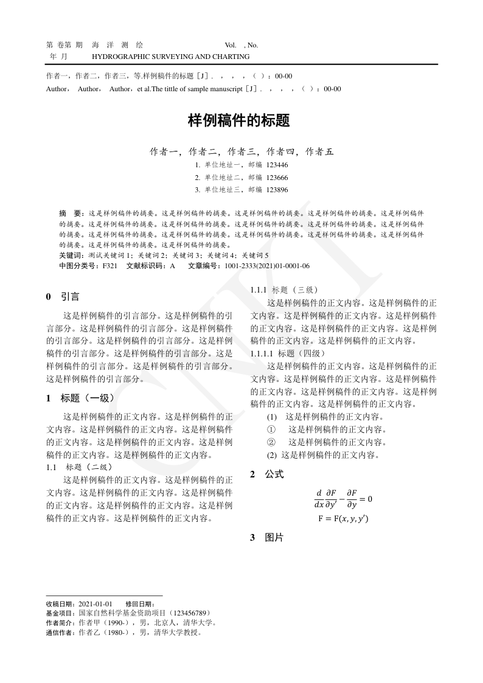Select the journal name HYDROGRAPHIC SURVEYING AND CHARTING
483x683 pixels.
(170, 57)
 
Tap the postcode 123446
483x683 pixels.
(277, 165)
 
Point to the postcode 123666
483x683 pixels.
(277, 178)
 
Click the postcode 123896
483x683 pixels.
(277, 190)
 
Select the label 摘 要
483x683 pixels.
(70, 214)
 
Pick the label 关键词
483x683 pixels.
(72, 255)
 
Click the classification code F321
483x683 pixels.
(109, 266)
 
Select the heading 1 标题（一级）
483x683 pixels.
(80, 398)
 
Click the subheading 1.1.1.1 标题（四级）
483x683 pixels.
(288, 353)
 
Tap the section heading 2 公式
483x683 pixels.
(267, 474)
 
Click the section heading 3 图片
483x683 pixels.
(267, 538)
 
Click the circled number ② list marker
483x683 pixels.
(271, 442)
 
